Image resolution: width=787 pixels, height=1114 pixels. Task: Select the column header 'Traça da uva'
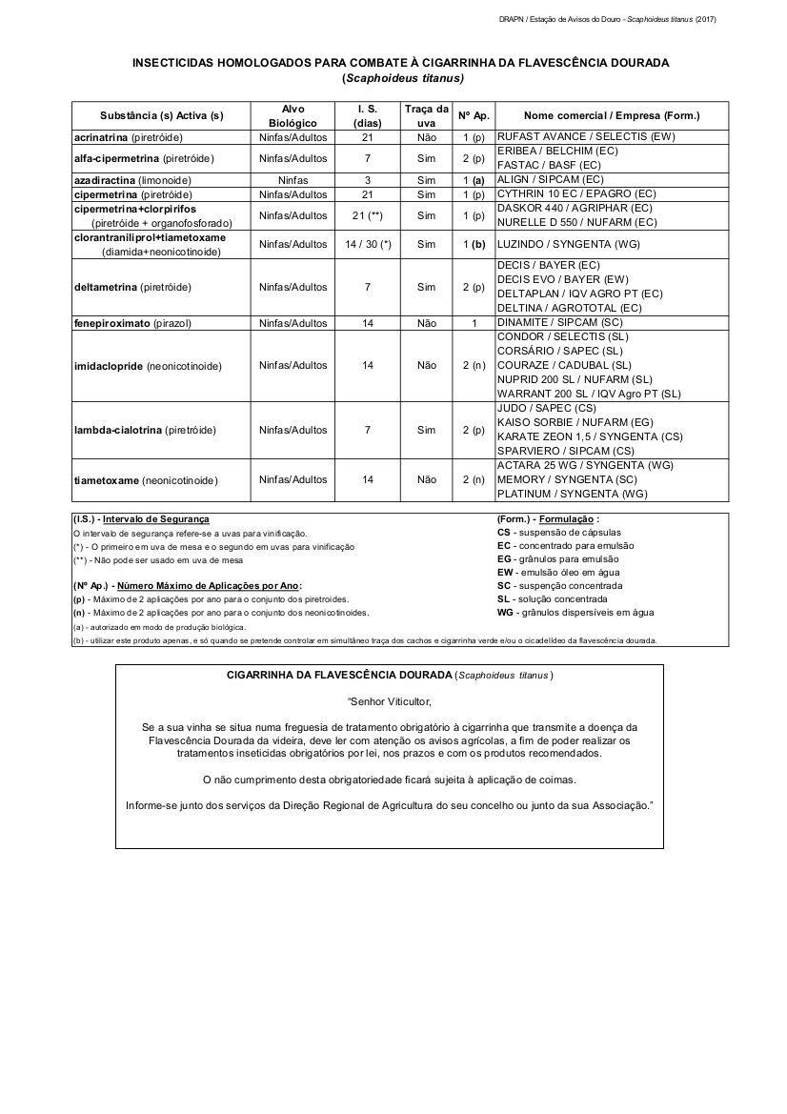tap(426, 115)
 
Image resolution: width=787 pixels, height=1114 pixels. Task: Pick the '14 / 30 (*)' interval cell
tap(368, 244)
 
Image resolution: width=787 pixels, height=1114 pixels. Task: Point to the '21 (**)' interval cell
tap(368, 215)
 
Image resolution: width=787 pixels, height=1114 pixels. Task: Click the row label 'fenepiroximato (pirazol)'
tap(133, 323)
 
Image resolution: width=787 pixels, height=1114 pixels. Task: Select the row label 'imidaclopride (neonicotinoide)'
tap(148, 366)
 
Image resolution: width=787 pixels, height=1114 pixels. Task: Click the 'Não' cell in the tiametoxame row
tap(426, 479)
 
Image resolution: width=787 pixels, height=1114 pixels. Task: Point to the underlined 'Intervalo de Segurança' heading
tap(155, 519)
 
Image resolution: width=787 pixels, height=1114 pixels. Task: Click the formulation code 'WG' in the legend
tap(505, 613)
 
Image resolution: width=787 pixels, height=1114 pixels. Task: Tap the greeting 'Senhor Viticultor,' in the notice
tap(390, 701)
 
